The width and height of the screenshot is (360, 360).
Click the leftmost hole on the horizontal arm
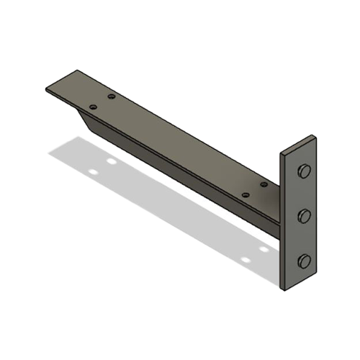[92, 107]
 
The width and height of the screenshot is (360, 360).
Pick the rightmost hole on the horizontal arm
[264, 184]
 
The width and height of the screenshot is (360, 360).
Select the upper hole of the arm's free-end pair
[111, 96]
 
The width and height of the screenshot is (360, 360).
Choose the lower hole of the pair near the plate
[246, 194]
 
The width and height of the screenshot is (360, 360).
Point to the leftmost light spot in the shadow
[92, 173]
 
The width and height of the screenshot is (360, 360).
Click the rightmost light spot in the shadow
[264, 249]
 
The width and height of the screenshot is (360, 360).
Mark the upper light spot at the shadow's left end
[111, 161]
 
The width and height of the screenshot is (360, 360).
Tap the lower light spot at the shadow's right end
[245, 259]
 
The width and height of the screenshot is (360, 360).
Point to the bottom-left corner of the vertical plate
[282, 290]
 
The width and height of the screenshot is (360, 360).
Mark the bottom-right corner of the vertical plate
[316, 275]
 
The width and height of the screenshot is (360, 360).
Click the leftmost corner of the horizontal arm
[45, 89]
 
